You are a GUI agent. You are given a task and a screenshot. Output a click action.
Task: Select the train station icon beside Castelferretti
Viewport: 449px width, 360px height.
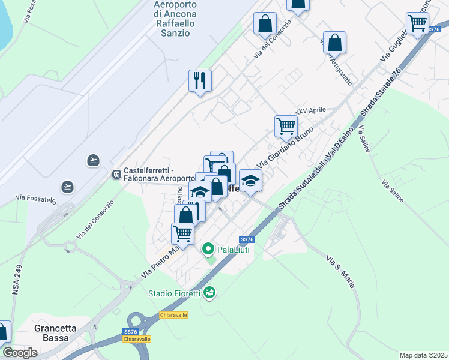(116, 174)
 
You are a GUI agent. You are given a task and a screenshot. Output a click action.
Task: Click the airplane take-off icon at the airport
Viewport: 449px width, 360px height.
(93, 160)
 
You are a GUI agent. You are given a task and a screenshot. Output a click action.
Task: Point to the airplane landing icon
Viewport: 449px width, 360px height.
(68, 186)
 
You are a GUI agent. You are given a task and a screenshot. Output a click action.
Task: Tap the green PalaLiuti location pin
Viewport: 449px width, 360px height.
(208, 248)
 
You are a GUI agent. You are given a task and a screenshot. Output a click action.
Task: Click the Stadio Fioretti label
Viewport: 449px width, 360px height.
(175, 293)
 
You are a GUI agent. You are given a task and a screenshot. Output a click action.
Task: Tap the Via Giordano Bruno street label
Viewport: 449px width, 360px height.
(285, 147)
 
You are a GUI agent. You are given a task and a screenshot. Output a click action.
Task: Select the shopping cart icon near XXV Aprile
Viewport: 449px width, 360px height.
(286, 126)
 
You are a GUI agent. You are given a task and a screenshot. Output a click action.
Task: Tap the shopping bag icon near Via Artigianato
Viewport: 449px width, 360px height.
(334, 42)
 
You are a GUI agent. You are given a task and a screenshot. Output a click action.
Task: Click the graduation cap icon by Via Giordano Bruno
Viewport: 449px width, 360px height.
(251, 180)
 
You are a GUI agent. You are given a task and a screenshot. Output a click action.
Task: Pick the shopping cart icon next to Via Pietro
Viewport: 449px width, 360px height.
(182, 233)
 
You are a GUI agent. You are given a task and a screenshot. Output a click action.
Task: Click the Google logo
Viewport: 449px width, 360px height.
(20, 353)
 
